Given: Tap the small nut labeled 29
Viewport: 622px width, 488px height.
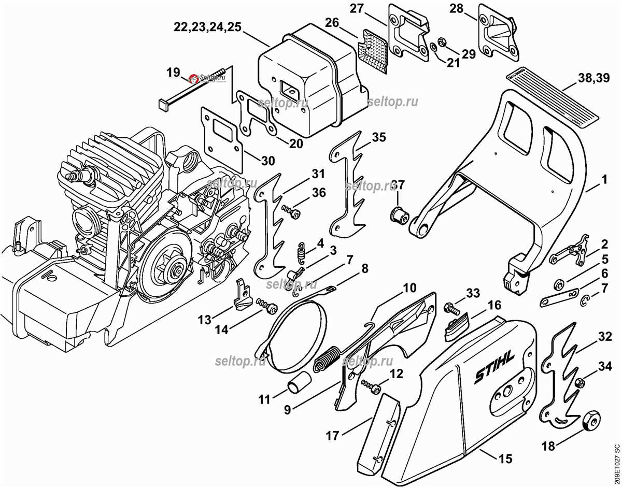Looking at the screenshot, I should pyautogui.click(x=443, y=41).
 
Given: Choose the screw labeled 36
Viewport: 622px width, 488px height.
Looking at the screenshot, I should pyautogui.click(x=292, y=211).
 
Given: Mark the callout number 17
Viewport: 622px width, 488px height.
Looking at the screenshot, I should pyautogui.click(x=332, y=436).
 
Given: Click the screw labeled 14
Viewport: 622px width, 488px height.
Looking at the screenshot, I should pyautogui.click(x=266, y=307).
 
